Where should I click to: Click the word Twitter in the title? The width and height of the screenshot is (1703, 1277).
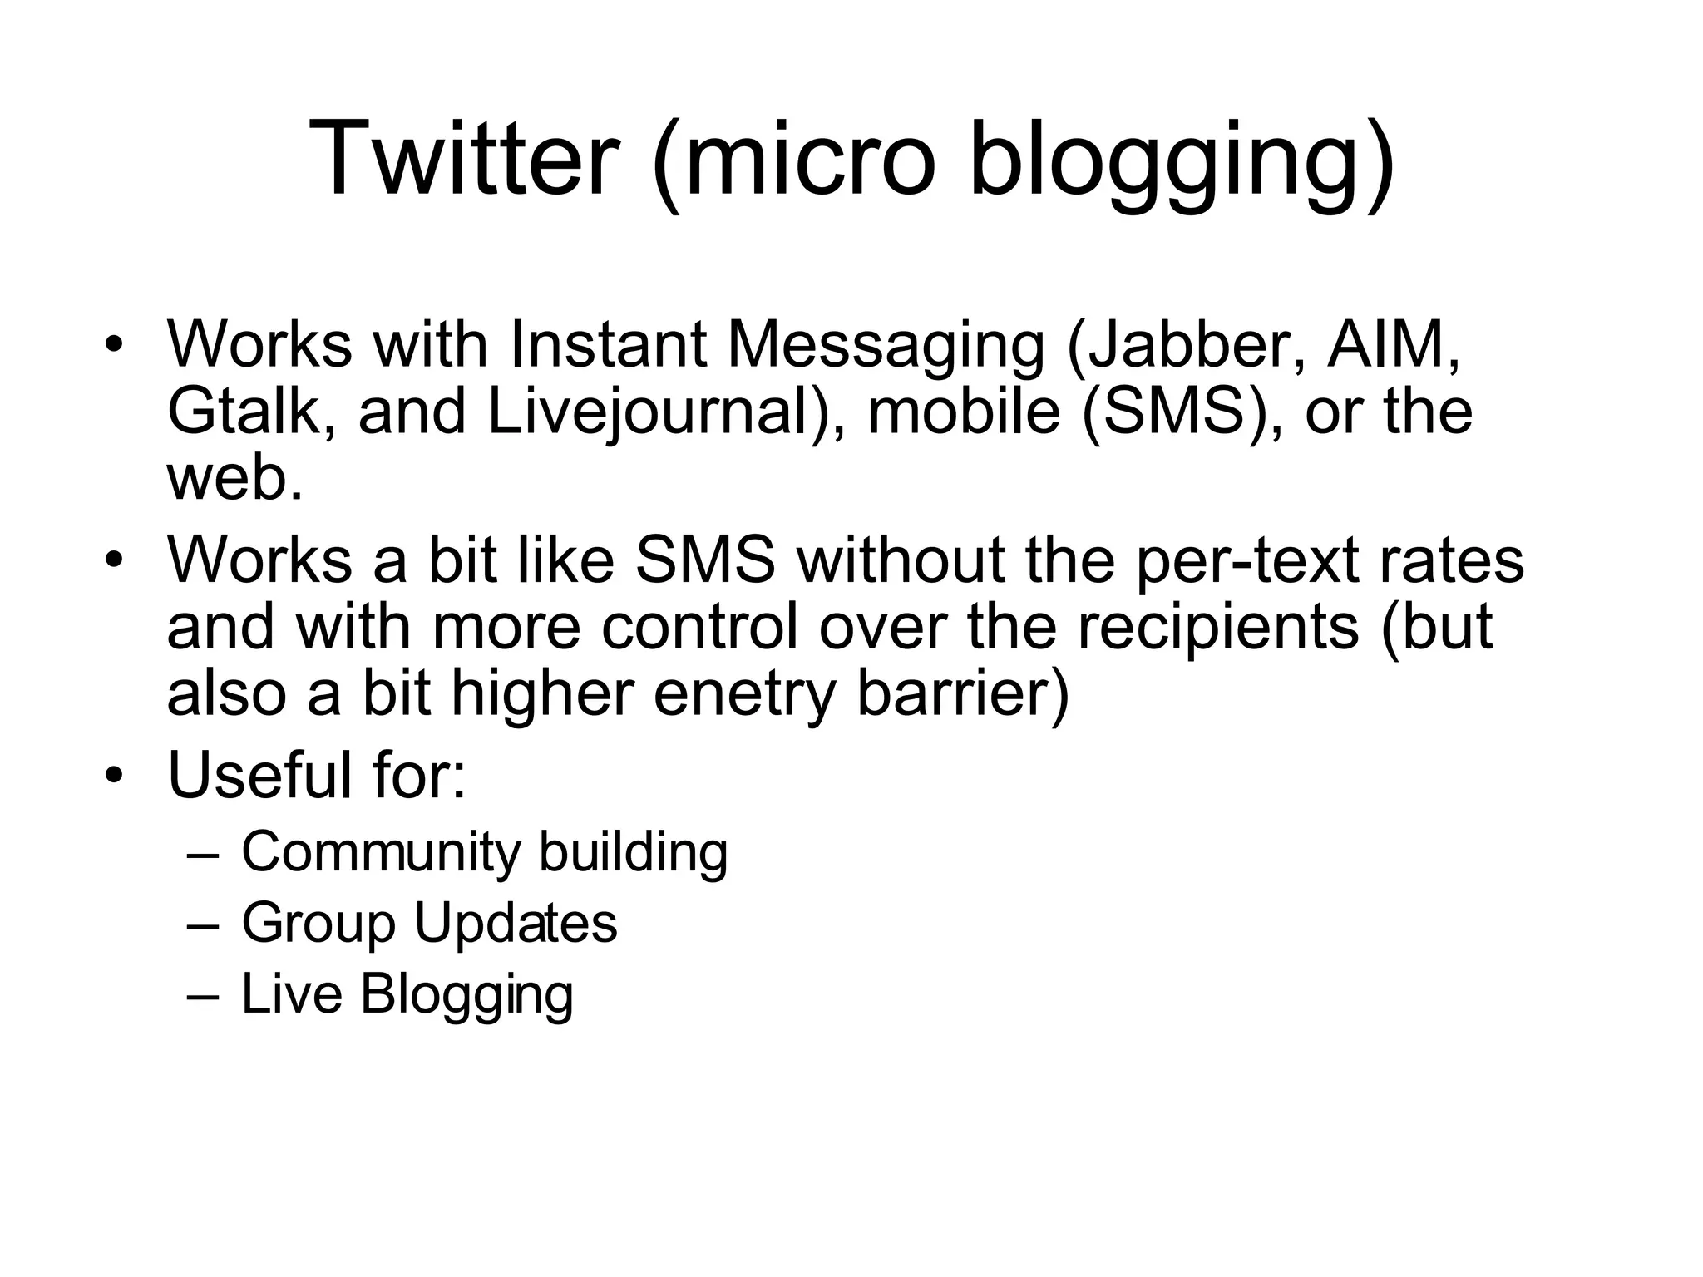(x=465, y=158)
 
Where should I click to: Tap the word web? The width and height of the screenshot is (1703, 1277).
(x=233, y=480)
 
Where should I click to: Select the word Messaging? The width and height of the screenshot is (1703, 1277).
(x=886, y=346)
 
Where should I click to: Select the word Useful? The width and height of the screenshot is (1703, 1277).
(x=259, y=775)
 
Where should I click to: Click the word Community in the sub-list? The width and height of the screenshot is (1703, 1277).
(x=382, y=852)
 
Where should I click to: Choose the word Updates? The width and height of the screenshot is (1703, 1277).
(x=516, y=923)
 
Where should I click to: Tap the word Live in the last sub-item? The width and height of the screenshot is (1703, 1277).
(x=291, y=993)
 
